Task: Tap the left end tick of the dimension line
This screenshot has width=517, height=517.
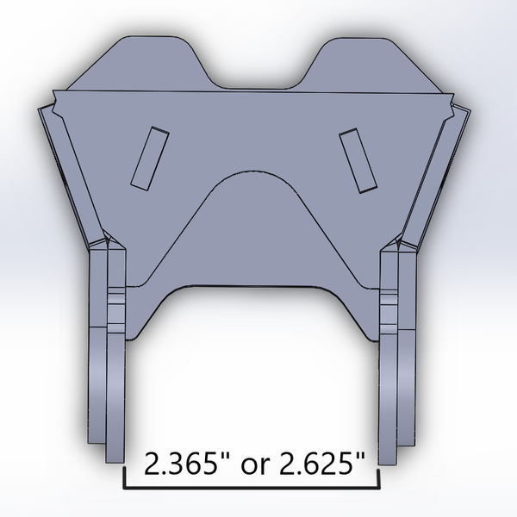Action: pyautogui.click(x=128, y=478)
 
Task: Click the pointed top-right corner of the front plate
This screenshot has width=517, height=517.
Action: pyautogui.click(x=450, y=94)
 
